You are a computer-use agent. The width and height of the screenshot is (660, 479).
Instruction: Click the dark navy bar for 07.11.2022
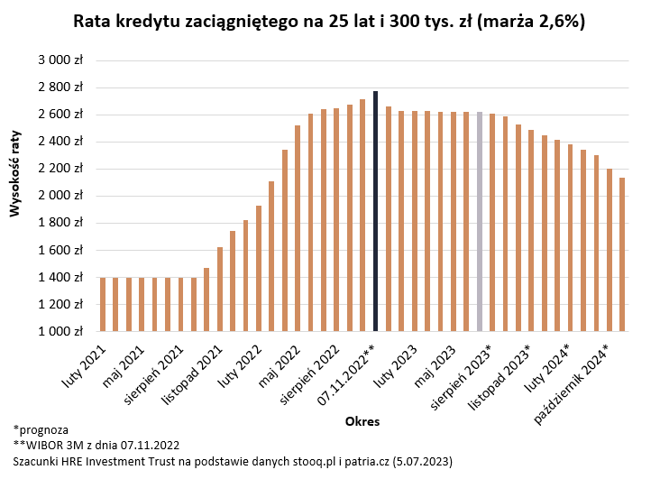[375, 211]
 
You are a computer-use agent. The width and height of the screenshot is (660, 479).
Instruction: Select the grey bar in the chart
[480, 221]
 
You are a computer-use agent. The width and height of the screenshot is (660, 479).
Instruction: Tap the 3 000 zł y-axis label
[60, 60]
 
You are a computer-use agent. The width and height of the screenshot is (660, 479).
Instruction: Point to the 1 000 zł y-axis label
[60, 331]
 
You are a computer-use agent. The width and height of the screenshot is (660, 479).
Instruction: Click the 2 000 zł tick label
[60, 196]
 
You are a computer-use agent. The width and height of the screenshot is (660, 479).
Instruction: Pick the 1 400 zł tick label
[60, 277]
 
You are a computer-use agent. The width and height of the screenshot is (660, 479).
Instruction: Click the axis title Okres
[362, 421]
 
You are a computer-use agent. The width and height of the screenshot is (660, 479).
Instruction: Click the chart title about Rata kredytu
[330, 22]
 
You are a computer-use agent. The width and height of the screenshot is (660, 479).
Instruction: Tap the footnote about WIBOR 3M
[96, 445]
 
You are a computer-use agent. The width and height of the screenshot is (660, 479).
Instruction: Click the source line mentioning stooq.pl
[233, 461]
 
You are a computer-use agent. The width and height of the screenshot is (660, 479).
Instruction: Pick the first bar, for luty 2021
[103, 304]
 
